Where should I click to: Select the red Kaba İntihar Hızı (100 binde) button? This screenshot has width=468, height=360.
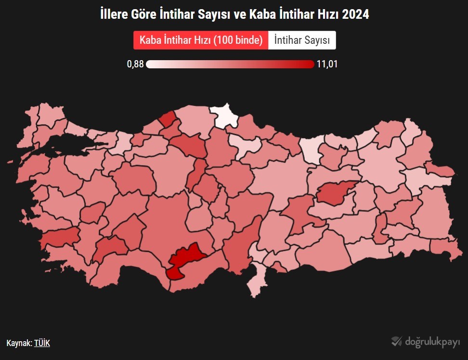[x=201, y=40]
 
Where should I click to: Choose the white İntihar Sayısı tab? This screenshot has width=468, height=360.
[x=302, y=40]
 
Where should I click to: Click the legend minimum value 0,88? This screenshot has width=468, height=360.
[x=135, y=64]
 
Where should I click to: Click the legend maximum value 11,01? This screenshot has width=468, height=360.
[x=327, y=64]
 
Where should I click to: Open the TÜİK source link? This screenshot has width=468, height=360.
[x=42, y=343]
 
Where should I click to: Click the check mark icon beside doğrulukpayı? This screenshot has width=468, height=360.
[x=396, y=341]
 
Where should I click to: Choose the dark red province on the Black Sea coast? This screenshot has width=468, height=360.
[x=168, y=118]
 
